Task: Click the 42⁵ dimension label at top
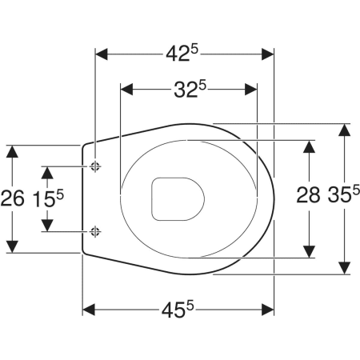pos(182,54)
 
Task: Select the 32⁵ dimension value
pos(190,89)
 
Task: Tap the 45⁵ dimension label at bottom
pos(178,310)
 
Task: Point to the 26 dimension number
pos(13,198)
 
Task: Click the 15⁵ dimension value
pos(48,198)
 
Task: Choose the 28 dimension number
pos(308,194)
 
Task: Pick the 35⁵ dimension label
pos(344,194)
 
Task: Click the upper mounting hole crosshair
pos(95,166)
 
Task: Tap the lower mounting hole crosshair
pos(95,231)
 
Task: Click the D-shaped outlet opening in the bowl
pos(178,199)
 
